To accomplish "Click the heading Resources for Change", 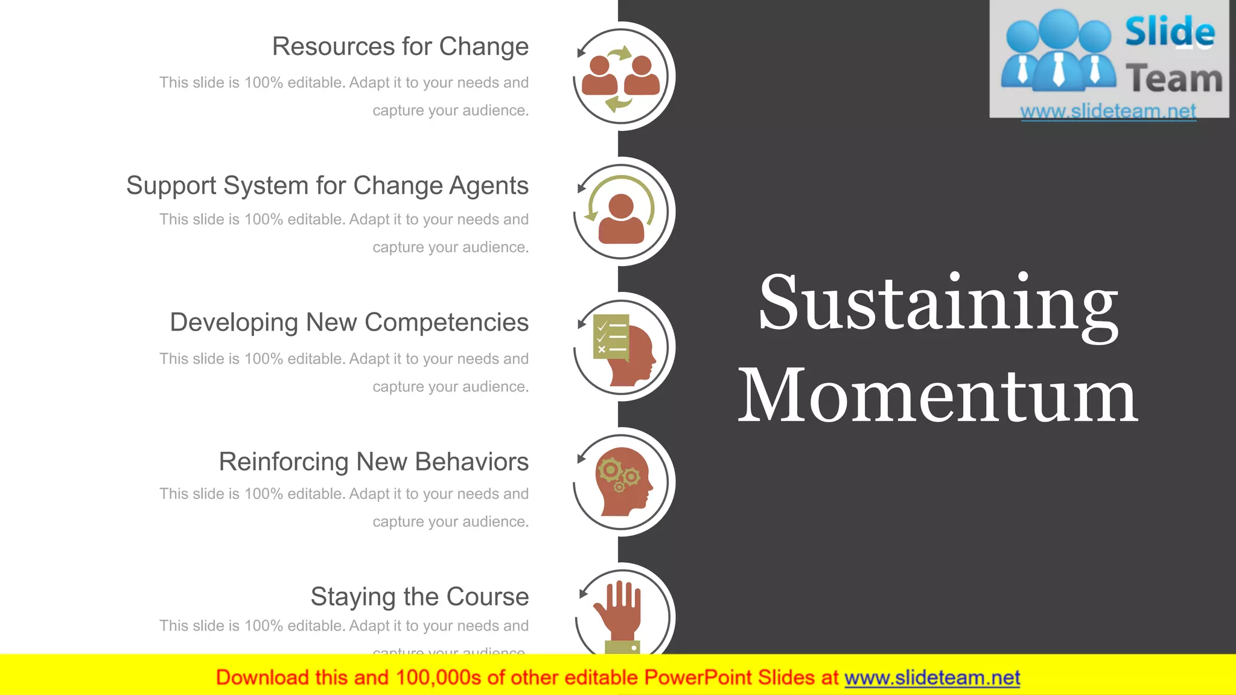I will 400,47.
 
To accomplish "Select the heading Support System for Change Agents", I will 327,186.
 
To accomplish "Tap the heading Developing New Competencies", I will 349,323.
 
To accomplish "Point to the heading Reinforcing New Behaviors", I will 374,462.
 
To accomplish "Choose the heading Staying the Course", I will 419,597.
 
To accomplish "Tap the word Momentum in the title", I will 938,396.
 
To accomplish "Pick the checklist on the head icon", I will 611,337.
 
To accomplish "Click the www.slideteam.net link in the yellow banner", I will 932,678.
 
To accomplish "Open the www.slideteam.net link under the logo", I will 1108,111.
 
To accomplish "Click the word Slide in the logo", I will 1170,33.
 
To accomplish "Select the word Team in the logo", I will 1174,79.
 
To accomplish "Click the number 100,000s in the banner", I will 438,678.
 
